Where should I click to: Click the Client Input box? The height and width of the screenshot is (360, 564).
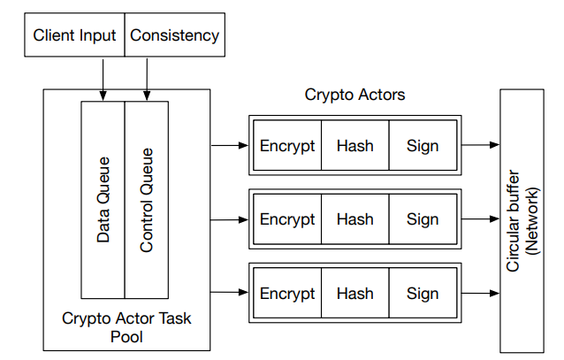(x=74, y=36)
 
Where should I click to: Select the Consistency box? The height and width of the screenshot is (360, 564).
(x=174, y=36)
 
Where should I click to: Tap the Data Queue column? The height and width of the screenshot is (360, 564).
(x=103, y=199)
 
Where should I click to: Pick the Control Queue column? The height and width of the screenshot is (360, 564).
(x=146, y=199)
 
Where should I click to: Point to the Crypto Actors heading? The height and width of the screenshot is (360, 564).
(x=354, y=94)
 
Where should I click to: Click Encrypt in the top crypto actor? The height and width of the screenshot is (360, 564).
(x=287, y=145)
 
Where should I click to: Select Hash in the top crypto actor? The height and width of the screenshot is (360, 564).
(x=354, y=145)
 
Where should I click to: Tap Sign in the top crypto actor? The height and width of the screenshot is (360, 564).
(x=422, y=145)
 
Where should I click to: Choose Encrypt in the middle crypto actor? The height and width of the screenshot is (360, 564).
(x=287, y=218)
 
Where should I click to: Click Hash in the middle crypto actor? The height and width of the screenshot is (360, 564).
(x=354, y=218)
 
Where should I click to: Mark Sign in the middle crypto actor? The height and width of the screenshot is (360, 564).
(x=422, y=218)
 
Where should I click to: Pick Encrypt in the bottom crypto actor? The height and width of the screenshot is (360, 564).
(x=287, y=293)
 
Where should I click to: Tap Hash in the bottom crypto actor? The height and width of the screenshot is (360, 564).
(x=354, y=293)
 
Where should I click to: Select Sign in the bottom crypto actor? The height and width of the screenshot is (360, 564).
(x=422, y=293)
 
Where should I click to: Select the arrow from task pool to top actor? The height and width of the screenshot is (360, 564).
(x=229, y=145)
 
